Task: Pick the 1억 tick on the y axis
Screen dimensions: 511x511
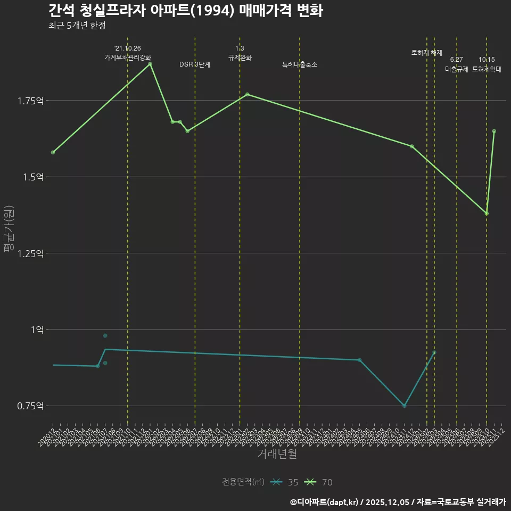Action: pyautogui.click(x=37, y=330)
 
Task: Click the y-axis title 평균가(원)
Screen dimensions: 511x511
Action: pyautogui.click(x=9, y=232)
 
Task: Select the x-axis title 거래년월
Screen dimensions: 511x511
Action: pyautogui.click(x=277, y=454)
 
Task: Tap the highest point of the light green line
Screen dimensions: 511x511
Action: pyautogui.click(x=150, y=64)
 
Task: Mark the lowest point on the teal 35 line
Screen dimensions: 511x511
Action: pyautogui.click(x=405, y=406)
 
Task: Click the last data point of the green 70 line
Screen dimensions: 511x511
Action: pyautogui.click(x=494, y=131)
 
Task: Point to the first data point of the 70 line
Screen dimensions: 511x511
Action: pyautogui.click(x=53, y=152)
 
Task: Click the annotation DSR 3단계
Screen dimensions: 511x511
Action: pyautogui.click(x=195, y=64)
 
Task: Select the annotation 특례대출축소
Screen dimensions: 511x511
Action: pyautogui.click(x=300, y=64)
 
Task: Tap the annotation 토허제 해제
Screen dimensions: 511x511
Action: pyautogui.click(x=427, y=53)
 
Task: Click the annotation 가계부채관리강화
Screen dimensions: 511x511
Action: pyautogui.click(x=128, y=57)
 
